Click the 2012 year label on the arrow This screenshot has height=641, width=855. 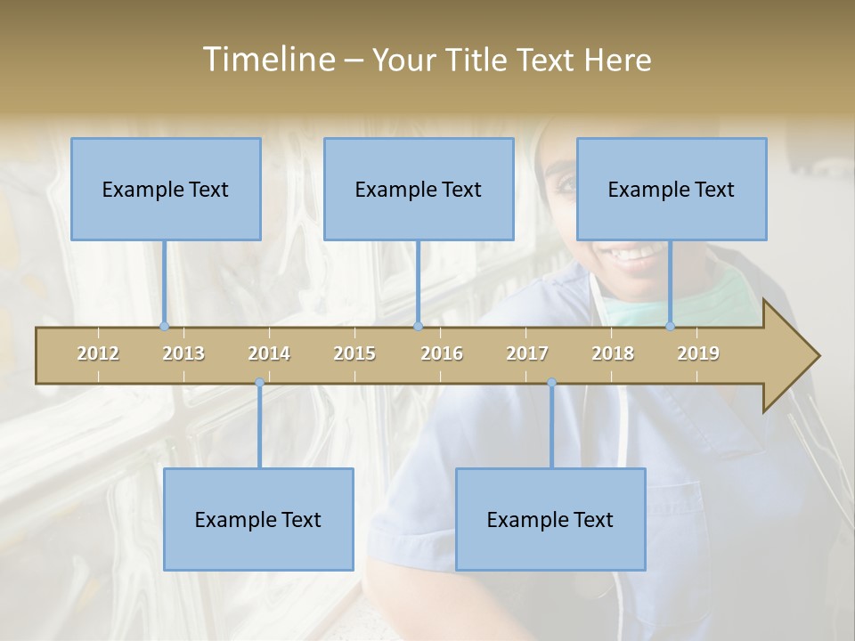pyautogui.click(x=98, y=353)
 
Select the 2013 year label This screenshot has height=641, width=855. pyautogui.click(x=183, y=353)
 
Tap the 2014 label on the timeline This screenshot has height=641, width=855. pyautogui.click(x=269, y=353)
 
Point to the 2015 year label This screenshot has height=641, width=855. pyautogui.click(x=354, y=353)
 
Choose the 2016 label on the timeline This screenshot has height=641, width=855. pyautogui.click(x=442, y=353)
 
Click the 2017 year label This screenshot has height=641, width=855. pyautogui.click(x=527, y=353)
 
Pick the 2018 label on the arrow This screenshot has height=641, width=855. pyautogui.click(x=613, y=353)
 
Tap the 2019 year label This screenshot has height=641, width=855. pyautogui.click(x=698, y=353)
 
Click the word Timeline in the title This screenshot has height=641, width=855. pyautogui.click(x=267, y=60)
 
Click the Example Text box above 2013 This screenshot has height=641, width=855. pyautogui.click(x=166, y=189)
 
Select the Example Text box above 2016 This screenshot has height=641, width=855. pyautogui.click(x=419, y=189)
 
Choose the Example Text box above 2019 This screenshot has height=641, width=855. pyautogui.click(x=672, y=189)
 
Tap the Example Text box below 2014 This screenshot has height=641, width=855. pyautogui.click(x=258, y=519)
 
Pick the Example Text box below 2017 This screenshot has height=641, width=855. pyautogui.click(x=550, y=519)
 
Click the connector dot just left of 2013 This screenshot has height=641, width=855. pyautogui.click(x=164, y=327)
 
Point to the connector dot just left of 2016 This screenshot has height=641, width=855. pyautogui.click(x=418, y=327)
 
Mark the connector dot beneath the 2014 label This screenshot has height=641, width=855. pyautogui.click(x=259, y=383)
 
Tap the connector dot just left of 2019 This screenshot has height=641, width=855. pyautogui.click(x=671, y=327)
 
